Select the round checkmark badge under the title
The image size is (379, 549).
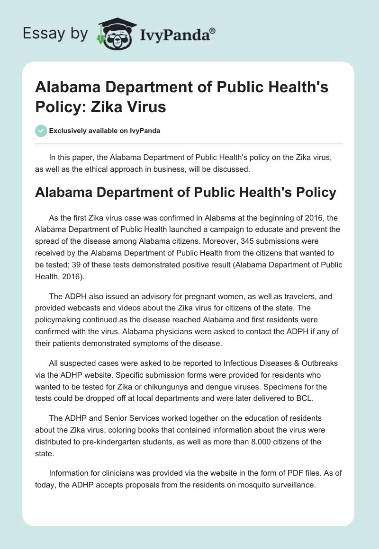point(41,131)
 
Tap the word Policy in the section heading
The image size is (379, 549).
point(308,192)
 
